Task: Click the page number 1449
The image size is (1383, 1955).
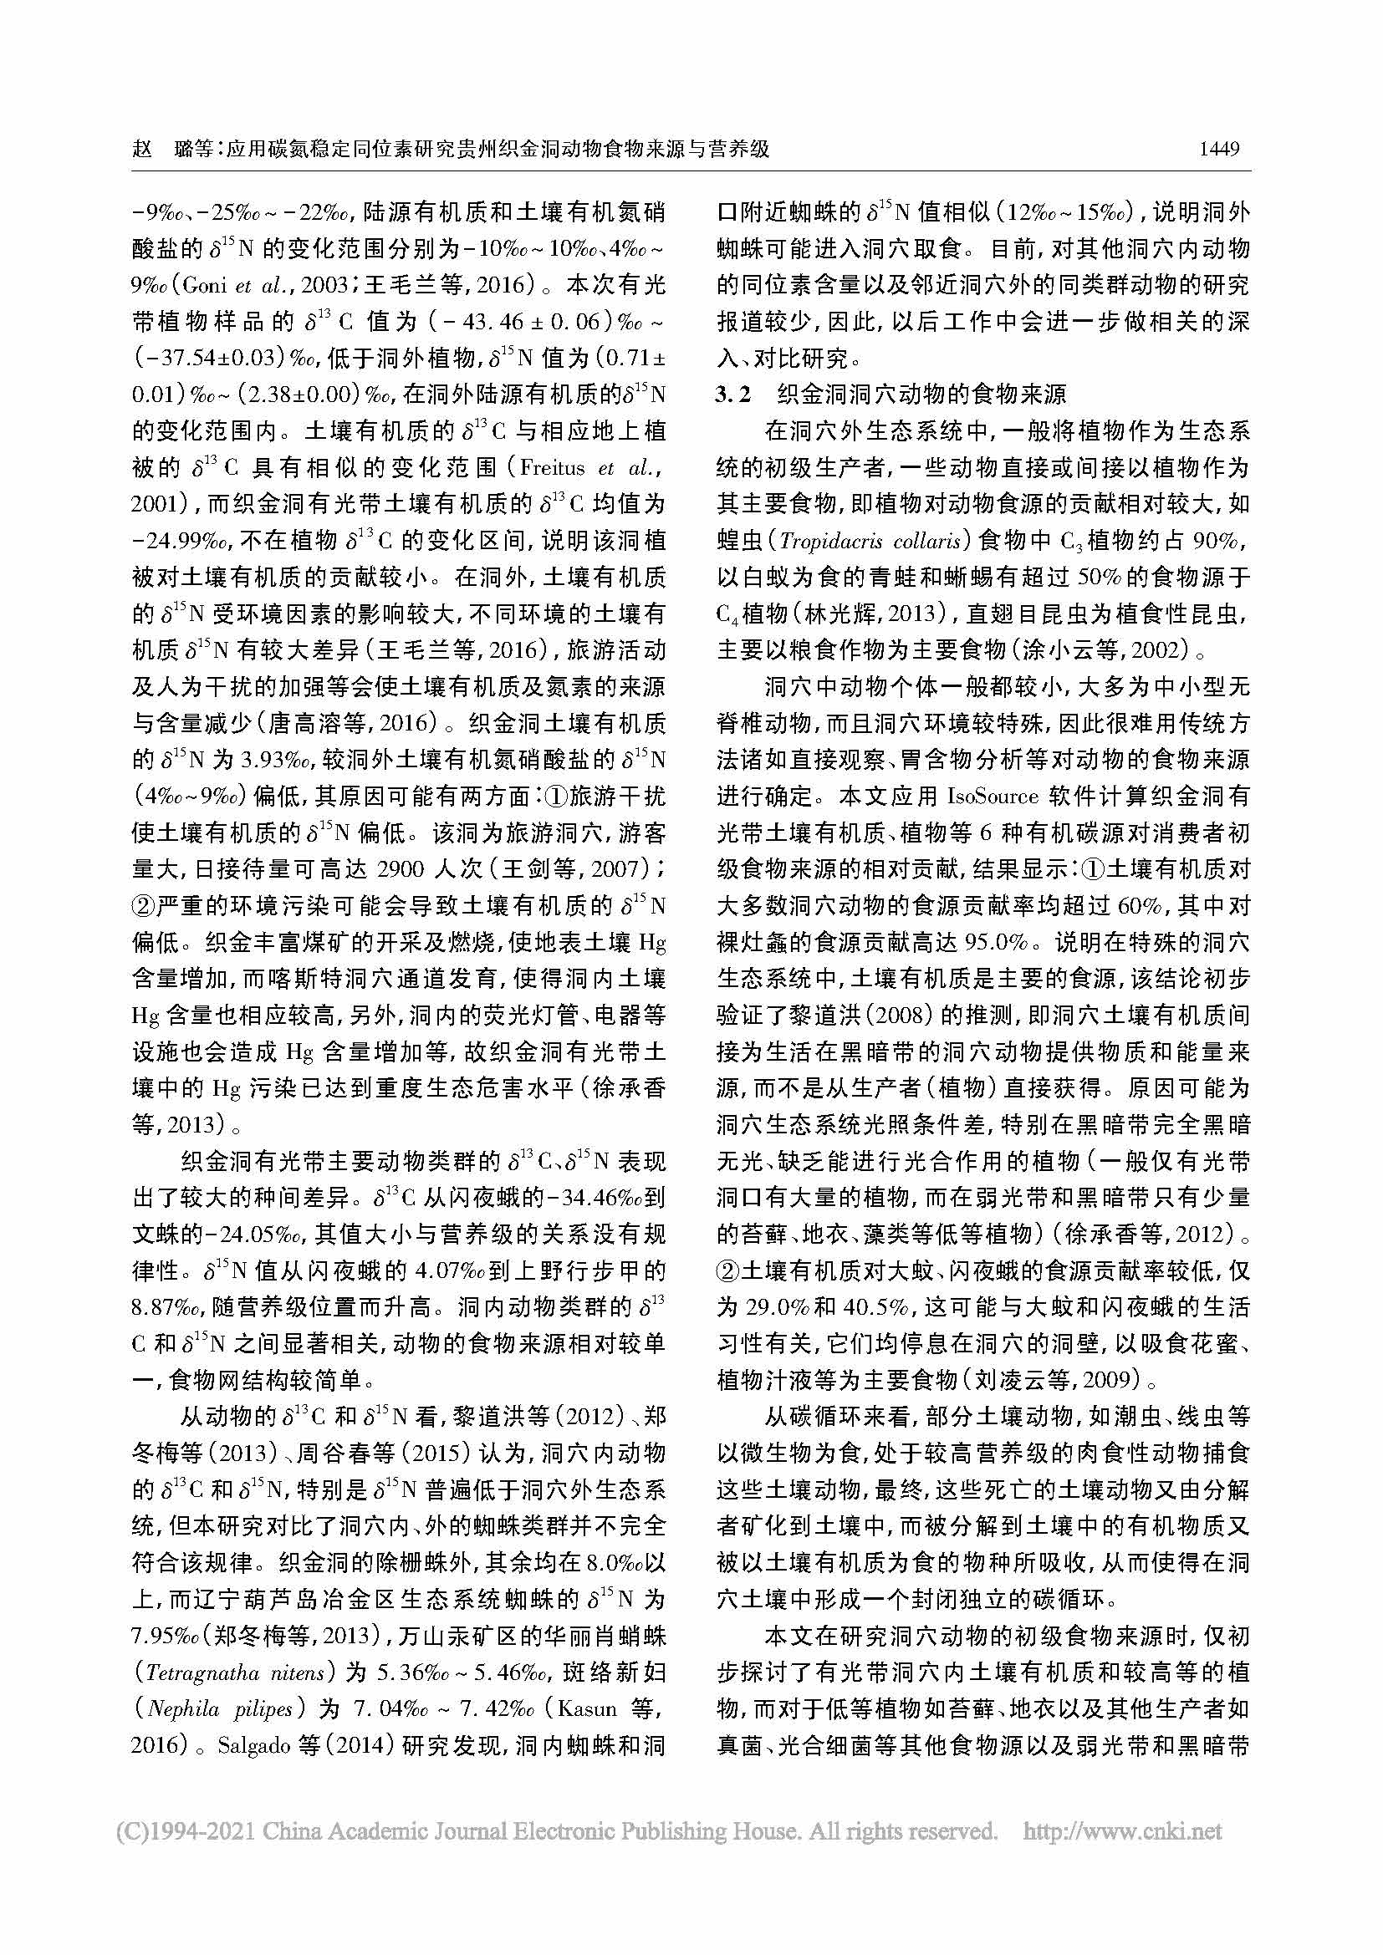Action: tap(1218, 149)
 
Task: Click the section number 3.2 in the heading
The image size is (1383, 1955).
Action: tap(734, 395)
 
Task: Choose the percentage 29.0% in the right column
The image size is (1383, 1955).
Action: tap(774, 1308)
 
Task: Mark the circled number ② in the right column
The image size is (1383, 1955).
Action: tap(728, 1271)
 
